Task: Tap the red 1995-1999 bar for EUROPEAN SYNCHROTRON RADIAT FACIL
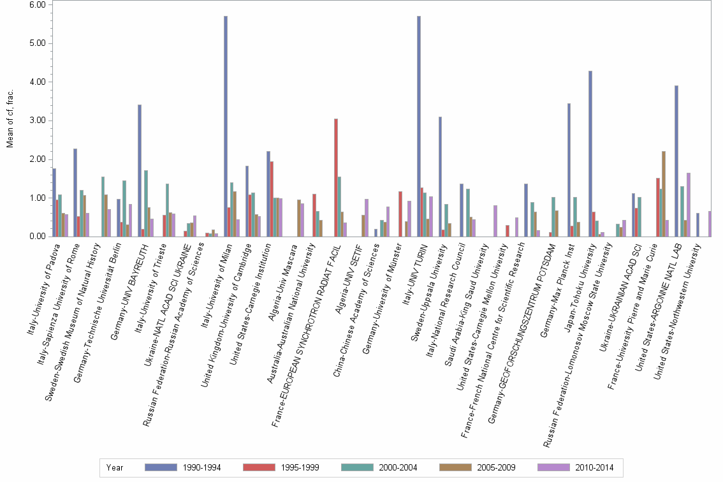(336, 179)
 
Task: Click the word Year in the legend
(115, 467)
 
